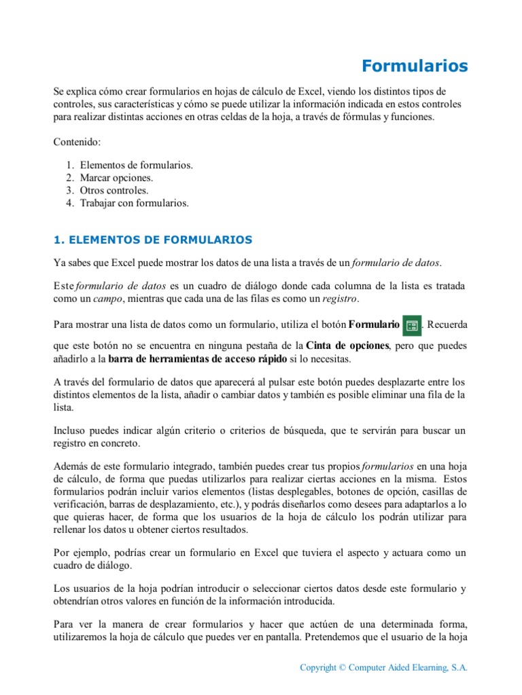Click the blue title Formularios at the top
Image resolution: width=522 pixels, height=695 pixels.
point(415,66)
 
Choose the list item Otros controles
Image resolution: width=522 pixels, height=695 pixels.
point(114,190)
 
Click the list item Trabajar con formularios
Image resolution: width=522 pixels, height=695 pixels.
point(135,202)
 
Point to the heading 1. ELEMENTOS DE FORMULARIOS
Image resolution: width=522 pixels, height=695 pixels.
point(153,240)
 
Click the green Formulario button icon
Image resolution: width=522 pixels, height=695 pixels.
point(411,325)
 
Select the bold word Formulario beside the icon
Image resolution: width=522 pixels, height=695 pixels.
point(374,325)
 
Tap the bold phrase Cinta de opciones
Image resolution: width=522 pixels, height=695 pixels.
point(347,345)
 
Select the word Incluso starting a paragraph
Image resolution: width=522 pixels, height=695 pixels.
point(70,430)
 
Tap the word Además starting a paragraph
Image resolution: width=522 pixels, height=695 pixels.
point(71,467)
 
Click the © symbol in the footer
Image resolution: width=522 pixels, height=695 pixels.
point(342,668)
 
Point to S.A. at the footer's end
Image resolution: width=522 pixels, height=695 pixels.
point(459,668)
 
